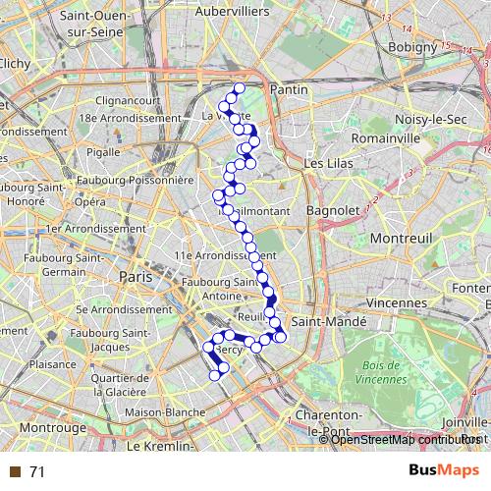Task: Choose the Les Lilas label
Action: (328, 163)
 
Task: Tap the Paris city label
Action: (136, 278)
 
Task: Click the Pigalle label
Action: (103, 152)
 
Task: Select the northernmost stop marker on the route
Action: (239, 88)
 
